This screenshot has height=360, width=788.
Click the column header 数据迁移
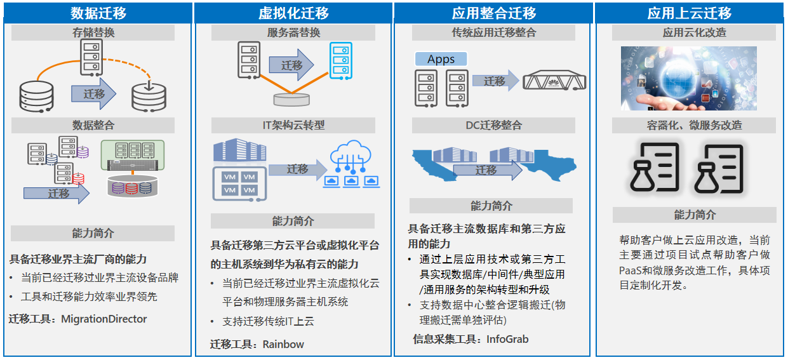[x=98, y=13]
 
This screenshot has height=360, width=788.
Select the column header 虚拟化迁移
[x=293, y=13]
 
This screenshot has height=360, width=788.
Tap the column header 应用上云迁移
[x=690, y=13]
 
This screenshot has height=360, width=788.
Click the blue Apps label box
[x=441, y=59]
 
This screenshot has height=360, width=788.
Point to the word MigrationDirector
[x=104, y=319]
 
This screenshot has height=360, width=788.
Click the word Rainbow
[x=283, y=344]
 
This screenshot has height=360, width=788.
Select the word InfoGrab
[x=507, y=339]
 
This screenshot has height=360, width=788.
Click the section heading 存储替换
[x=93, y=33]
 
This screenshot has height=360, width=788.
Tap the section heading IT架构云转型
[x=293, y=125]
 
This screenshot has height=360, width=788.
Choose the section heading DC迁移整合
[x=493, y=125]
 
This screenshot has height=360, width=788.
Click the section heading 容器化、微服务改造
[x=694, y=125]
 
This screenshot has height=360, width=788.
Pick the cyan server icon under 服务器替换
[x=340, y=61]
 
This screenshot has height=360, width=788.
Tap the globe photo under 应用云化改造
[x=689, y=78]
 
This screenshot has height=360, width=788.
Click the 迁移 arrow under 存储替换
[x=93, y=93]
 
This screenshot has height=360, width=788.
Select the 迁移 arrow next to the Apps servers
[x=495, y=81]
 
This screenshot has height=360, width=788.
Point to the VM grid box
[x=239, y=183]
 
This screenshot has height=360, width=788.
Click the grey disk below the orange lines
[x=291, y=100]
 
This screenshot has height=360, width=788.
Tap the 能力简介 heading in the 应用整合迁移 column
[x=491, y=206]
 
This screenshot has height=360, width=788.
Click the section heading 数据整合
[x=93, y=125]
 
